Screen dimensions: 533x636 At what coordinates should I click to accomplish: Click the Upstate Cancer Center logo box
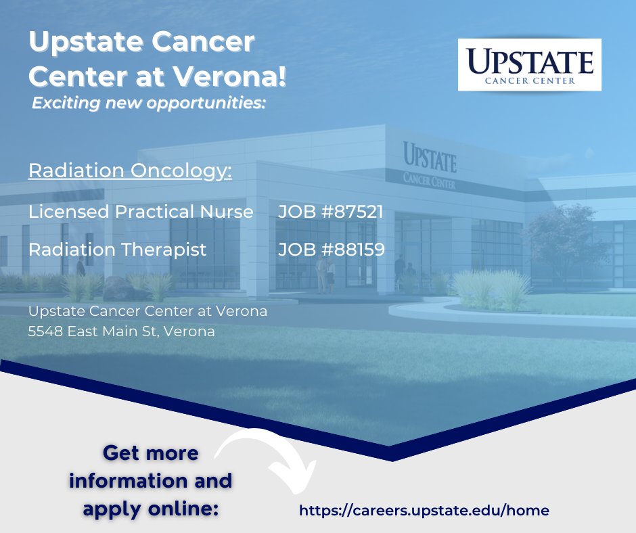(529, 65)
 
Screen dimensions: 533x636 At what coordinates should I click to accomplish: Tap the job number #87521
(331, 212)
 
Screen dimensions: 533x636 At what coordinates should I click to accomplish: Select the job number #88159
(332, 250)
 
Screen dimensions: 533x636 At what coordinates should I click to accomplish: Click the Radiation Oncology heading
(130, 170)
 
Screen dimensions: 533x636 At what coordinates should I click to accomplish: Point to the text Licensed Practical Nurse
(141, 212)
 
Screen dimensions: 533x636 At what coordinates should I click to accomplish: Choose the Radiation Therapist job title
(117, 250)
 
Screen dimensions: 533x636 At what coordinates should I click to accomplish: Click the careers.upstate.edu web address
(424, 510)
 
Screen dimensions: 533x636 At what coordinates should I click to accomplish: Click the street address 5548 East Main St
(122, 331)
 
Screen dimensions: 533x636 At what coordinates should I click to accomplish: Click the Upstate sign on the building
(430, 157)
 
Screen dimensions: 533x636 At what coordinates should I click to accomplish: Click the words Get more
(151, 453)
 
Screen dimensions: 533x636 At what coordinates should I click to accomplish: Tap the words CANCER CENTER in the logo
(530, 80)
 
